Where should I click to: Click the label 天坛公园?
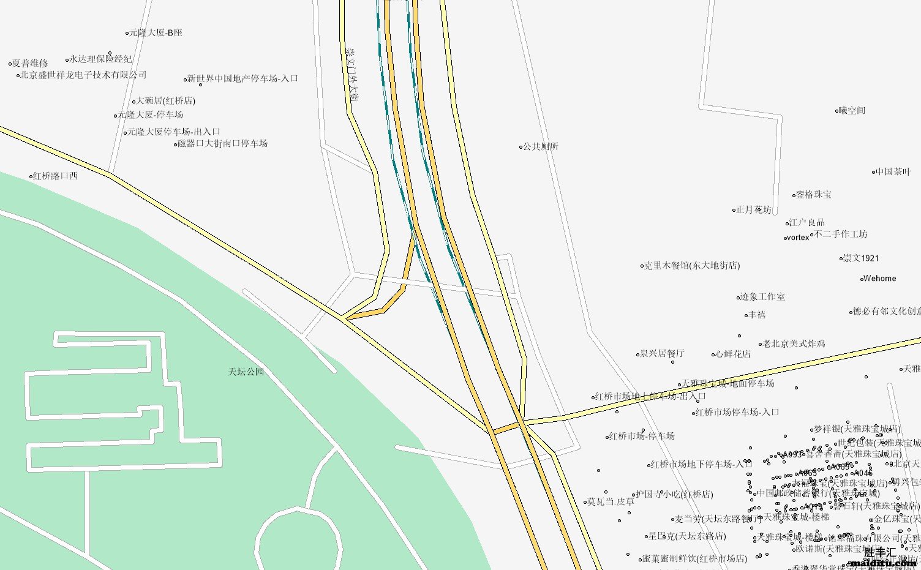tap(246, 372)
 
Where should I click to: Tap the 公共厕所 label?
tap(541, 147)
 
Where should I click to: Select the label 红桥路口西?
tap(55, 176)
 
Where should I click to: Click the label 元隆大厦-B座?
tap(156, 33)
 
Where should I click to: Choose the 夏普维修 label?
tap(31, 64)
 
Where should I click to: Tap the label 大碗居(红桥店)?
tap(165, 101)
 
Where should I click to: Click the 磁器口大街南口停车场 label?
tap(222, 144)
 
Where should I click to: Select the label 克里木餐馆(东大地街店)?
tap(693, 266)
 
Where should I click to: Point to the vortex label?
tap(798, 238)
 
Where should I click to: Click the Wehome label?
tap(879, 279)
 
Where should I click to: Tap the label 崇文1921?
tap(861, 258)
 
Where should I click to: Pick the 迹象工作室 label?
tap(762, 297)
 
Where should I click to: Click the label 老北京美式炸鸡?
tap(794, 344)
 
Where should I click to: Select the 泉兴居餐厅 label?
tap(662, 354)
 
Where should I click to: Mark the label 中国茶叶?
tap(893, 172)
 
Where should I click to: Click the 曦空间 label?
tap(852, 111)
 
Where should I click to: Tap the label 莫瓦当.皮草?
tap(611, 502)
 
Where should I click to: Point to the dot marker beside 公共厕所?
tap(521, 147)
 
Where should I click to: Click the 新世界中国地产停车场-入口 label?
tap(243, 79)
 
